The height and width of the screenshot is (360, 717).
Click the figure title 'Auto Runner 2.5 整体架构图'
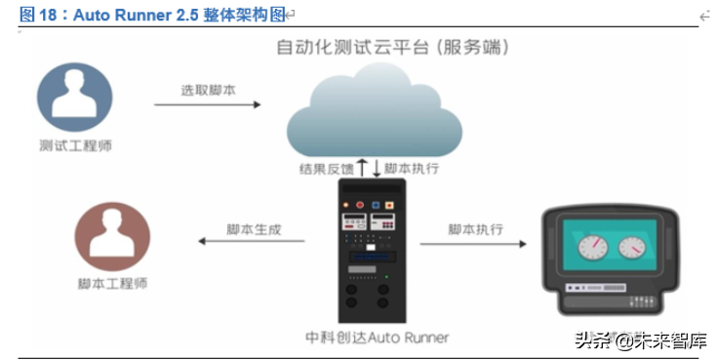pyautogui.click(x=156, y=15)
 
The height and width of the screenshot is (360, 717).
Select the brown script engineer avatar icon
pyautogui.click(x=112, y=237)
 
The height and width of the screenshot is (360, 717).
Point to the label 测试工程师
pyautogui.click(x=75, y=145)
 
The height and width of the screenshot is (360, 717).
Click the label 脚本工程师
pyautogui.click(x=113, y=285)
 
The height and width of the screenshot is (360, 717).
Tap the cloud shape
pyautogui.click(x=375, y=112)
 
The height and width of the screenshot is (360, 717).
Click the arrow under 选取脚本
pyautogui.click(x=208, y=104)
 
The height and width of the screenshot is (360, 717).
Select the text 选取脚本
pyautogui.click(x=207, y=89)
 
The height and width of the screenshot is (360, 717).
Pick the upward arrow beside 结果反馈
pyautogui.click(x=361, y=168)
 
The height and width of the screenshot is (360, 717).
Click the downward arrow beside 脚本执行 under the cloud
pyautogui.click(x=377, y=168)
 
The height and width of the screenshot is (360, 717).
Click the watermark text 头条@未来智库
pyautogui.click(x=643, y=340)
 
